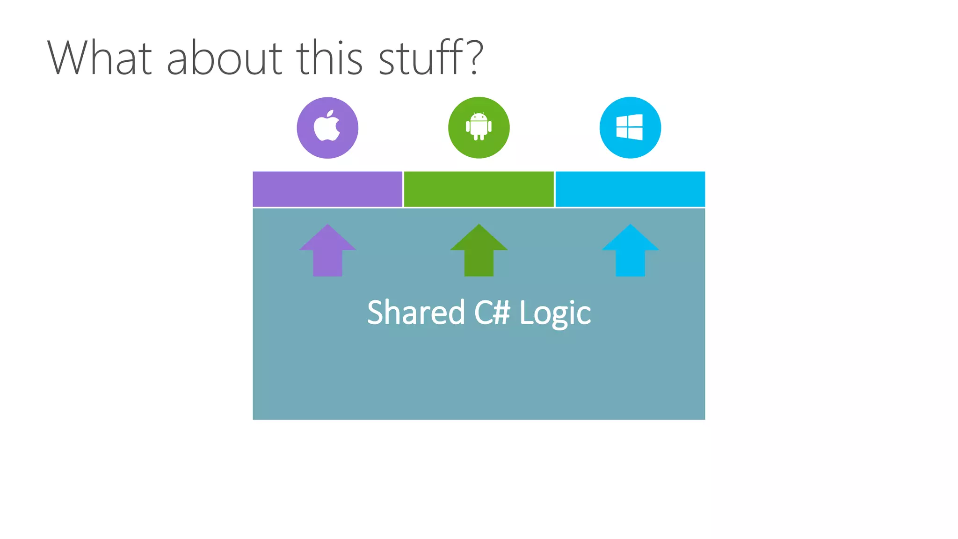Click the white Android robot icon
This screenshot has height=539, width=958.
(479, 127)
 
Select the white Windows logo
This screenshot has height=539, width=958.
(630, 127)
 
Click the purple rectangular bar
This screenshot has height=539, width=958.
(327, 189)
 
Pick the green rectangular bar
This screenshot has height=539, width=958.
(479, 189)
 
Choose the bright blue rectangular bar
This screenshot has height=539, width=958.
(630, 189)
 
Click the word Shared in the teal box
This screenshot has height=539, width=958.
(416, 313)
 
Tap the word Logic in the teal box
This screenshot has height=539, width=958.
(555, 313)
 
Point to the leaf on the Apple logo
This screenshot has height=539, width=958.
(330, 113)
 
